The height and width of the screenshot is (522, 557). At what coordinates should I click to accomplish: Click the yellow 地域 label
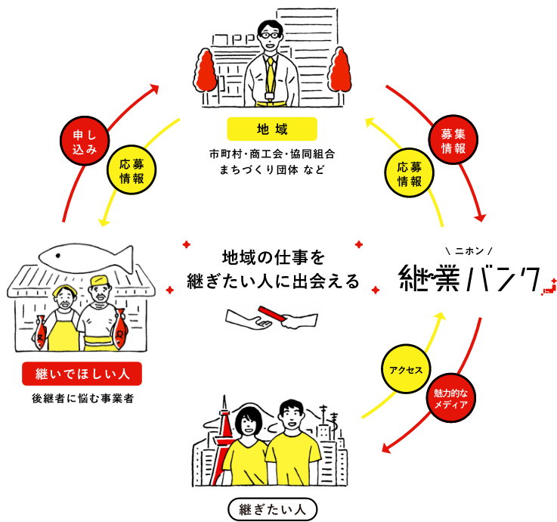271,129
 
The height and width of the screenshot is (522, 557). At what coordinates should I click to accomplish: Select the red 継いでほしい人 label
82,372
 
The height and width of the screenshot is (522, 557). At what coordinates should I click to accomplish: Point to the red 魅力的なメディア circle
451,399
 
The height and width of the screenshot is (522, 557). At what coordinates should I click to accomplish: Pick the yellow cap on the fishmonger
98,284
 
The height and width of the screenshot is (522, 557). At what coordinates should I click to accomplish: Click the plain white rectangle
485,331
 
